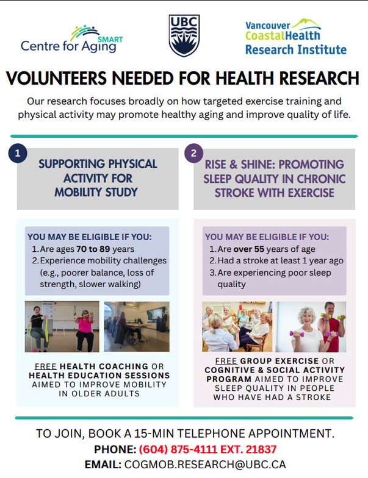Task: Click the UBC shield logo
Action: point(184,35)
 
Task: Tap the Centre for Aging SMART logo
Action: point(72,40)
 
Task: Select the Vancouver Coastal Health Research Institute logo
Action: point(295,37)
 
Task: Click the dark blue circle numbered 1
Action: point(18,153)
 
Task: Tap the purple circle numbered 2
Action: point(194,153)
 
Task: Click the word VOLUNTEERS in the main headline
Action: point(56,78)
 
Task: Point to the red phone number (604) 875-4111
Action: point(178,449)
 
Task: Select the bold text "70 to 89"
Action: point(93,249)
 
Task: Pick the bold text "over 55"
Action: point(249,249)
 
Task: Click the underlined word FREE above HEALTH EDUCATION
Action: point(46,366)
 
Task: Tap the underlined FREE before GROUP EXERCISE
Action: point(226,361)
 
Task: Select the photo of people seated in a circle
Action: point(237,327)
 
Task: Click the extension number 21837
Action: point(261,449)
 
